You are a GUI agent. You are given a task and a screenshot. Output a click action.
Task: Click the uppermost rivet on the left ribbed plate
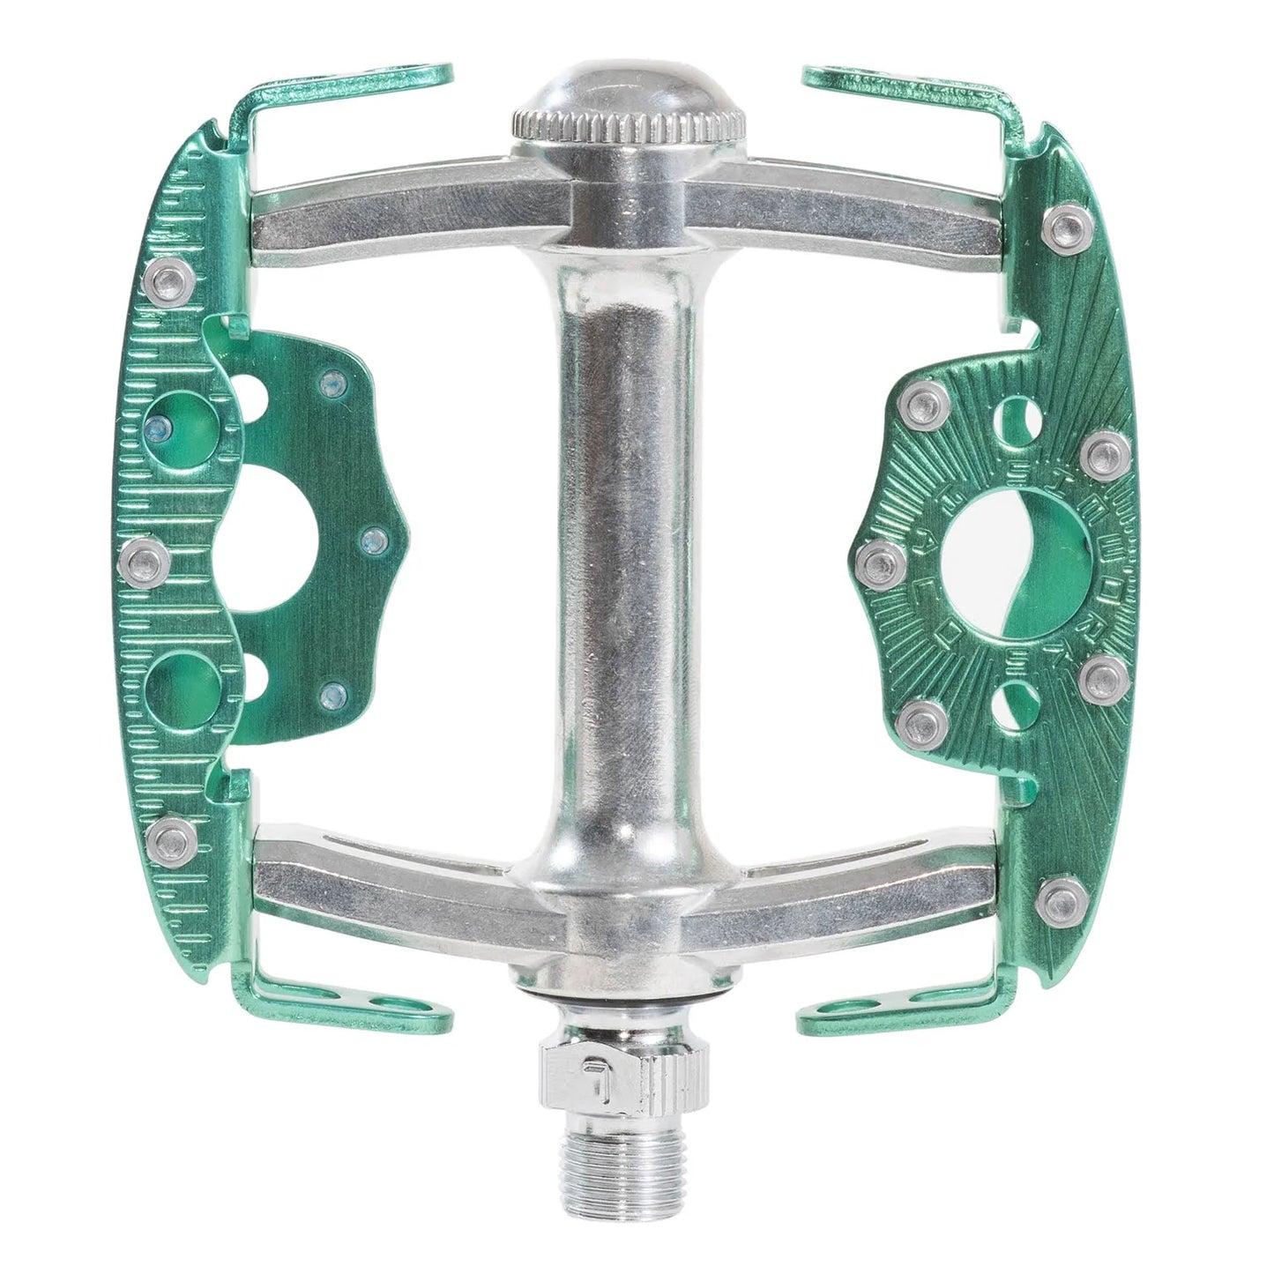[x=164, y=281]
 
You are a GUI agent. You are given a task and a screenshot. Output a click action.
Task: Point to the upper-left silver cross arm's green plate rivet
[x=164, y=281]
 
